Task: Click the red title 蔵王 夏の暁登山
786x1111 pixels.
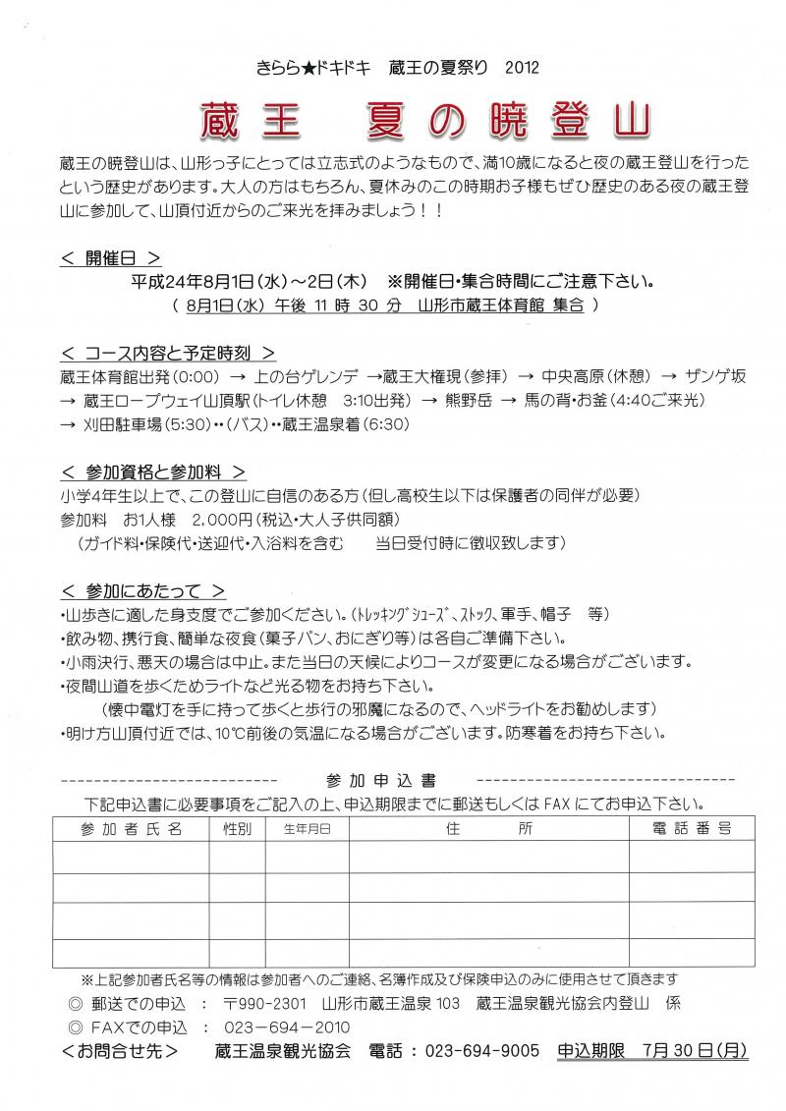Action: (x=425, y=120)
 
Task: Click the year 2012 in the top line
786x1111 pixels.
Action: (x=521, y=68)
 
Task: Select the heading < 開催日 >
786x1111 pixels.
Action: (x=110, y=259)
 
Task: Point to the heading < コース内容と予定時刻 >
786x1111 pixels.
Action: (x=167, y=352)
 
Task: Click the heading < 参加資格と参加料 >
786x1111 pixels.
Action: (x=152, y=472)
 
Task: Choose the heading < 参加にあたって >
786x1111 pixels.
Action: (x=141, y=590)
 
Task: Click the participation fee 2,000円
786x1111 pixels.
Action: (x=224, y=518)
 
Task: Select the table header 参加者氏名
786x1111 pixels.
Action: (x=133, y=829)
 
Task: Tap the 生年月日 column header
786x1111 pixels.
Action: (x=308, y=829)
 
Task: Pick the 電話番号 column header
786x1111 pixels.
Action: (x=692, y=829)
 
